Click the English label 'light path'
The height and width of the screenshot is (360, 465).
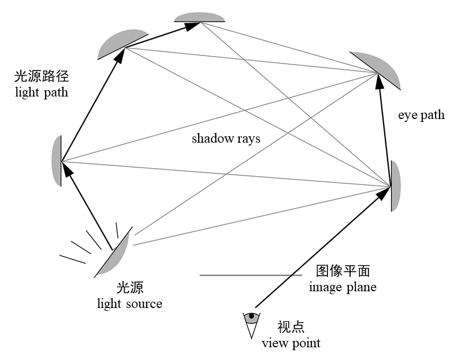[x=42, y=92]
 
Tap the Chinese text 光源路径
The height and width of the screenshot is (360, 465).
[x=41, y=76]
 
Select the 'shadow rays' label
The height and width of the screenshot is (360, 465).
[x=226, y=139]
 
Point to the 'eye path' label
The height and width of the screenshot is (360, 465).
[x=421, y=115]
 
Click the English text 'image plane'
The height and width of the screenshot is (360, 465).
[x=343, y=287]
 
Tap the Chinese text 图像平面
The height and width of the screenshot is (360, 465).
[x=343, y=271]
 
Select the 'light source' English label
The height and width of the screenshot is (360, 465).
[x=129, y=303]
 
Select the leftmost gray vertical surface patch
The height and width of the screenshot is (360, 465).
[x=57, y=160]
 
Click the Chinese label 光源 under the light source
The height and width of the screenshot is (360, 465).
[x=129, y=288]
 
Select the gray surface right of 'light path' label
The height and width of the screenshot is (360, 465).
[x=120, y=43]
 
